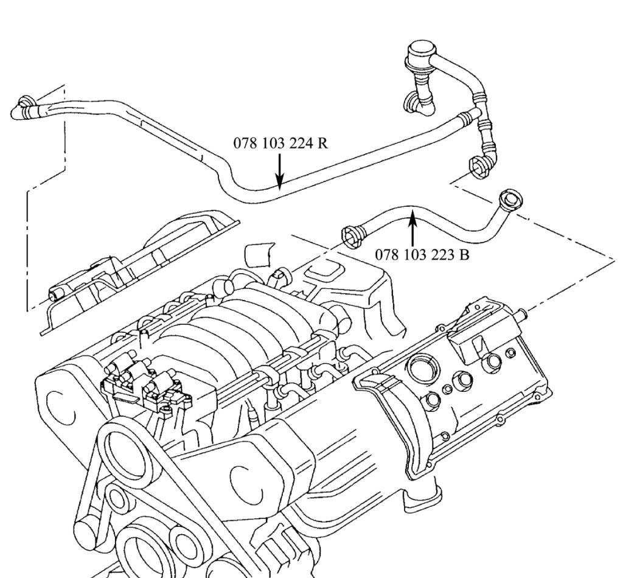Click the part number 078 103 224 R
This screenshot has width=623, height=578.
[x=280, y=144]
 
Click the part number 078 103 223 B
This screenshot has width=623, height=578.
[x=422, y=254]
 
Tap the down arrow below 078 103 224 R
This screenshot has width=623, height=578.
[x=279, y=170]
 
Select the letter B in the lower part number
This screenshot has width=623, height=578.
[x=464, y=254]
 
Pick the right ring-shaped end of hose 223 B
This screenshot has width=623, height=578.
[x=508, y=200]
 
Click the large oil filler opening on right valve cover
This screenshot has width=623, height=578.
[x=423, y=369]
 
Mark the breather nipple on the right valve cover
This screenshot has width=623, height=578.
[x=521, y=315]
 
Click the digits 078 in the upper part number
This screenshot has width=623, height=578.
[x=243, y=144]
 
